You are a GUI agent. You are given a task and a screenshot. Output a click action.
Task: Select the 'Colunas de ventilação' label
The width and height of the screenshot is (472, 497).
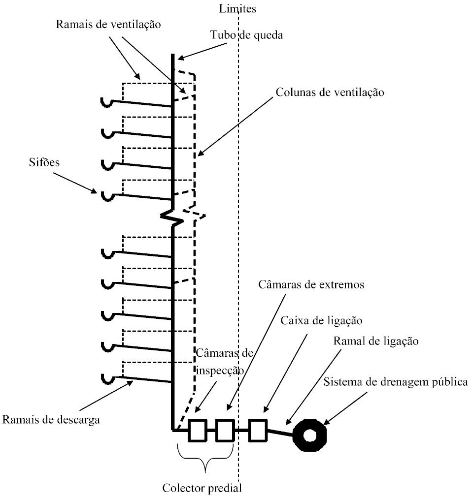(330, 92)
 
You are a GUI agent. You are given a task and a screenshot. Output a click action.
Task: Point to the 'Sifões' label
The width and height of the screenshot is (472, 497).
(44, 163)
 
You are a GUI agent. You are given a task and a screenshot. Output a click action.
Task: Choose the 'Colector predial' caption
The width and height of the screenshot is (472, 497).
(202, 489)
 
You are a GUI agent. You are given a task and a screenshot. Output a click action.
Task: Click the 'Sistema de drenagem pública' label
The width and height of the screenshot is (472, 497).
(396, 382)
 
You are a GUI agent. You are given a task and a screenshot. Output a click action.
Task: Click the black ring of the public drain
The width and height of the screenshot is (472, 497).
(310, 435)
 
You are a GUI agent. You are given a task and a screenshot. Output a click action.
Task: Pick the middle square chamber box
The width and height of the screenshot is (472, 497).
(225, 430)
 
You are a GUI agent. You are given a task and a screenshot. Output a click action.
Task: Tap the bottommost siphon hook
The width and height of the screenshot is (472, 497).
(107, 379)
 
